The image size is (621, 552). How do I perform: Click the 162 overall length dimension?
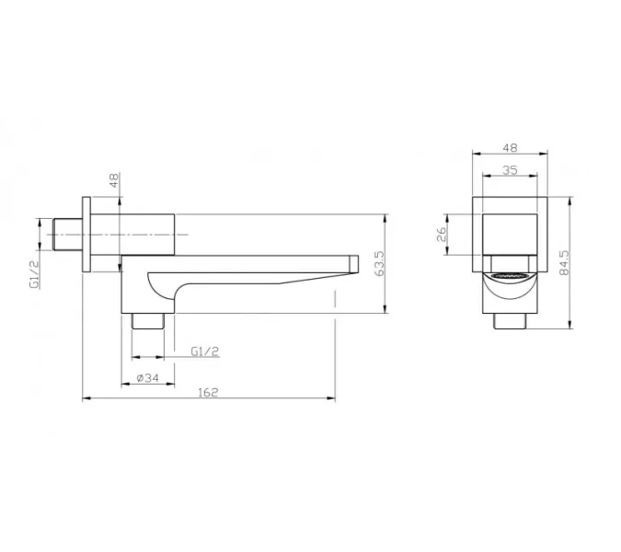coord(208,392)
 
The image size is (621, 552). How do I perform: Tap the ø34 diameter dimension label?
coord(147,378)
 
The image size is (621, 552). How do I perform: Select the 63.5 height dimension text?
coord(379,263)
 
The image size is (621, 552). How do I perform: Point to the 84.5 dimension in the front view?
coord(564,262)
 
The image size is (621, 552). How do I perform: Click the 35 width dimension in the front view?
coord(510,170)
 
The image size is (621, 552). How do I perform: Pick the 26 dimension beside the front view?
coord(442,235)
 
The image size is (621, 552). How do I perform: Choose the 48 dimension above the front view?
coord(510,148)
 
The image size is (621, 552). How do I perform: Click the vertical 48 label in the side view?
coord(114,180)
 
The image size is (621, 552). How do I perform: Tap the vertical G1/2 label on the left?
coord(34,274)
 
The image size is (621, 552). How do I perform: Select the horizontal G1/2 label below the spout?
coord(205,351)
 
